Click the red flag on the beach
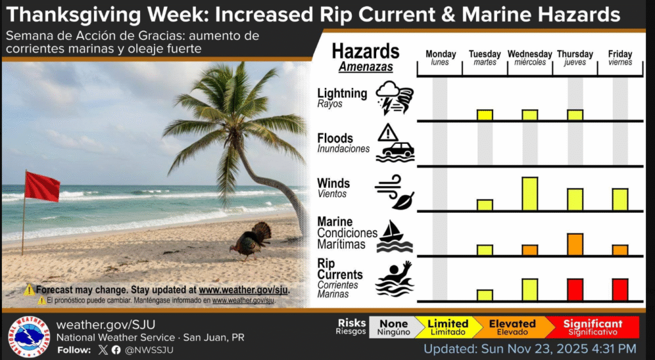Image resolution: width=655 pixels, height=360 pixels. click(x=42, y=187)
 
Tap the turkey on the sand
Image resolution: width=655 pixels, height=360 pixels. click(x=251, y=241)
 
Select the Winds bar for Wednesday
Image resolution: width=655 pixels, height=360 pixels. click(x=530, y=194)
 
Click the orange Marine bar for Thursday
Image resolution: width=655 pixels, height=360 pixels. click(x=575, y=244)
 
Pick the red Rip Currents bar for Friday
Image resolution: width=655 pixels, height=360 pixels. click(x=620, y=290)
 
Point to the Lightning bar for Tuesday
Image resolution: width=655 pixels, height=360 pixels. click(x=485, y=115)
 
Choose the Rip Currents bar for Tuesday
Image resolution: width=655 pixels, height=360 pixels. click(x=485, y=295)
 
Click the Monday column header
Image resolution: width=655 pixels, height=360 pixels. click(x=440, y=58)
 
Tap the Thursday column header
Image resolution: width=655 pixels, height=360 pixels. click(x=575, y=58)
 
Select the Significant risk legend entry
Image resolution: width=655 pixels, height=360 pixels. click(x=592, y=327)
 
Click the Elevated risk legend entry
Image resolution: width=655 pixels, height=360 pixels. click(x=512, y=327)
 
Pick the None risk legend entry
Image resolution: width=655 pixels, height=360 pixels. click(x=394, y=327)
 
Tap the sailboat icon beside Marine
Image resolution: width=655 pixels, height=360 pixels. click(x=394, y=237)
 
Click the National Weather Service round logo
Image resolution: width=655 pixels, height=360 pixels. click(x=29, y=337)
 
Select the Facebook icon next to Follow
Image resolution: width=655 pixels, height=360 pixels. click(x=116, y=350)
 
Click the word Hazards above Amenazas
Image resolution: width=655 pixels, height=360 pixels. click(x=365, y=51)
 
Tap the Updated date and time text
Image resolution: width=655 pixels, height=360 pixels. click(x=530, y=348)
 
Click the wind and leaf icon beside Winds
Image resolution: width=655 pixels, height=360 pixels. click(x=394, y=192)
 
